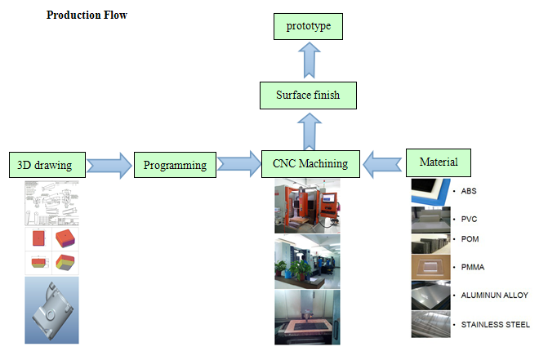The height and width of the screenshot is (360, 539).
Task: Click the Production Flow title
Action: click(87, 16)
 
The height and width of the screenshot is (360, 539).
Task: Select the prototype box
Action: click(307, 26)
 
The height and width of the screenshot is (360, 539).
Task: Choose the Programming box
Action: click(175, 165)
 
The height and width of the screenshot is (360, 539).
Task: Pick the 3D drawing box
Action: click(45, 165)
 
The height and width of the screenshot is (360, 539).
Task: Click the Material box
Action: click(439, 162)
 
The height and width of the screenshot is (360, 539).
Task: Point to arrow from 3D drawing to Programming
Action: click(109, 165)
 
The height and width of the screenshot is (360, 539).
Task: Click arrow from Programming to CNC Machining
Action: click(238, 164)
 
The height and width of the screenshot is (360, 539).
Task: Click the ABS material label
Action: click(468, 192)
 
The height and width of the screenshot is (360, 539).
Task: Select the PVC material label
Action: click(468, 219)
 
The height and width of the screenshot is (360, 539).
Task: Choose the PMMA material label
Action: click(471, 268)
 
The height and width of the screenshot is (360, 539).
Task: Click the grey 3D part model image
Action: click(52, 310)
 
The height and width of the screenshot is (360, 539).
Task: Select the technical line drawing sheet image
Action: click(52, 202)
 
